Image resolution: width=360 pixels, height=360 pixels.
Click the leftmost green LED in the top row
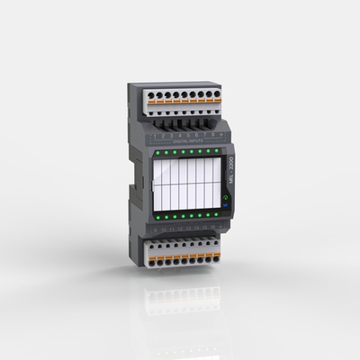(x=157, y=153)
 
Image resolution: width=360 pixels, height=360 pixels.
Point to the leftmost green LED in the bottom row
(x=157, y=218)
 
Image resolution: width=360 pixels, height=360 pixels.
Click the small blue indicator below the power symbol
(x=224, y=205)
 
